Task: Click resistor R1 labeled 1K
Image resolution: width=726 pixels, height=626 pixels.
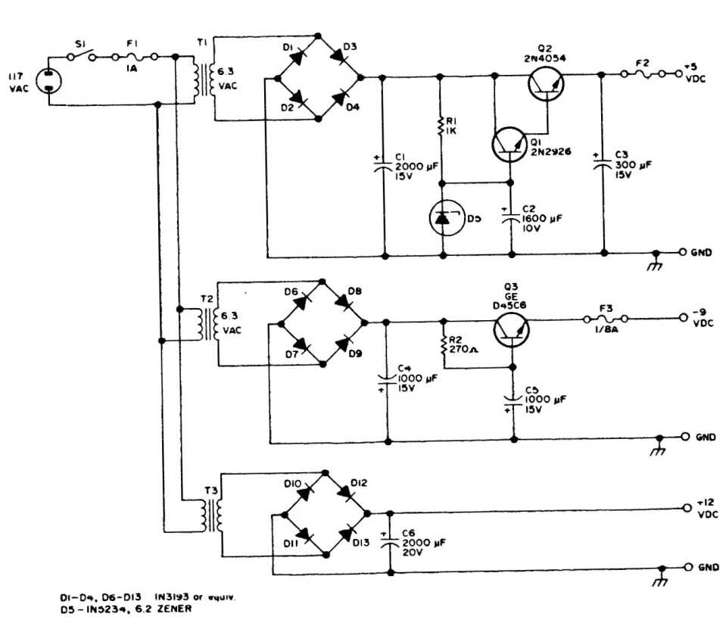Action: click(x=441, y=125)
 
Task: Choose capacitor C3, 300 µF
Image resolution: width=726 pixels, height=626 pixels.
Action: click(x=603, y=164)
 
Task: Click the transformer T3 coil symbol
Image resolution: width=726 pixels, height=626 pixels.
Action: click(x=217, y=515)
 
